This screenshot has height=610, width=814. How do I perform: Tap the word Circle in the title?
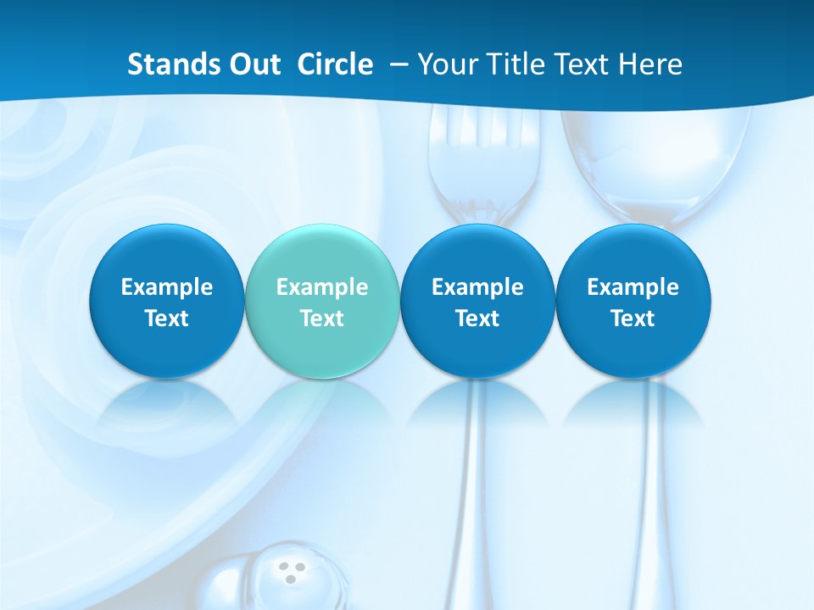click(x=335, y=64)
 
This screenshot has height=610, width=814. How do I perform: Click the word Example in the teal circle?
click(x=322, y=287)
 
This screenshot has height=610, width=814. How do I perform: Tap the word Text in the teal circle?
click(x=322, y=319)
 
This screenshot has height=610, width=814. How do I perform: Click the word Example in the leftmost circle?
click(x=167, y=287)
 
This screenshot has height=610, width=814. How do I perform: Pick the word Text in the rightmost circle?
click(x=633, y=319)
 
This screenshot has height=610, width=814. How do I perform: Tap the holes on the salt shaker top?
click(x=292, y=571)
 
